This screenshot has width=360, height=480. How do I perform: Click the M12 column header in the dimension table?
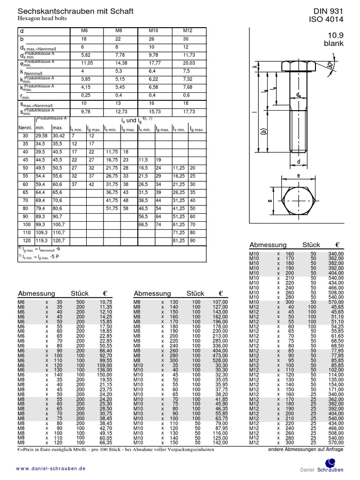coord(187,30)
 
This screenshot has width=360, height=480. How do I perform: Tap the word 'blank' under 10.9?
coord(333,44)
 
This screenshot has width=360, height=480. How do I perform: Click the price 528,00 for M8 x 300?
coord(220,360)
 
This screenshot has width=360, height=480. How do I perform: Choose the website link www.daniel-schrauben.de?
coord(51,468)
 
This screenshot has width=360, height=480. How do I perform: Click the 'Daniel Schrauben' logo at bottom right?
coord(322,469)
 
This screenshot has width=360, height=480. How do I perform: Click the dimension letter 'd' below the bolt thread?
coord(298,162)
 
